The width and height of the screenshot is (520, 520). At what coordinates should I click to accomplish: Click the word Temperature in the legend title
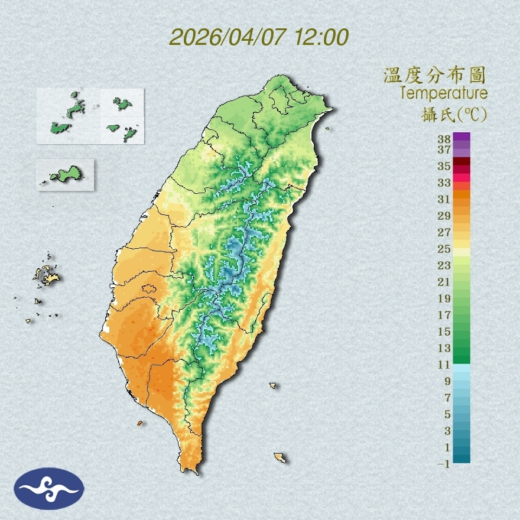point(443,93)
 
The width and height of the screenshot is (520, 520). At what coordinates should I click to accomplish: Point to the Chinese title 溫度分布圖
point(434,76)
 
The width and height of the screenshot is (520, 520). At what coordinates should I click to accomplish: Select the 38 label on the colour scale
point(444,139)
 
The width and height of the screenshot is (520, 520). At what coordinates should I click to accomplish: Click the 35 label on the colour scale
point(444,166)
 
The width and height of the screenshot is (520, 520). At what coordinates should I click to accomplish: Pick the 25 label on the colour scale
point(444,249)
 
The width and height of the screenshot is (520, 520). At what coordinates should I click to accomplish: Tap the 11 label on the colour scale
point(444,365)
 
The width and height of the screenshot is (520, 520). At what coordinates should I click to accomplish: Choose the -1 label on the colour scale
point(444,464)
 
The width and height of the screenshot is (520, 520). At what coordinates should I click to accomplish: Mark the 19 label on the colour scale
point(444,298)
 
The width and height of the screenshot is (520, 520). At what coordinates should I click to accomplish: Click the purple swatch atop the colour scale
point(461,136)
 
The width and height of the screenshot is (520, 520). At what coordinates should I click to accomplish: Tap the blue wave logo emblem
point(50,489)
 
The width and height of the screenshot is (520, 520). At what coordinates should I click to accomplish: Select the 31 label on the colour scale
point(444,199)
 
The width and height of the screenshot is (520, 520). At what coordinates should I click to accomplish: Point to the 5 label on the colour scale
point(447,414)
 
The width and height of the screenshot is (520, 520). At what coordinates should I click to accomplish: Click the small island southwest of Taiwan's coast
point(140,423)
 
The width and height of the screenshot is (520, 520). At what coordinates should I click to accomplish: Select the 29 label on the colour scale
point(444,216)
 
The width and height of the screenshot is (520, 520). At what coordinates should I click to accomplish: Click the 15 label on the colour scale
point(444,331)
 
